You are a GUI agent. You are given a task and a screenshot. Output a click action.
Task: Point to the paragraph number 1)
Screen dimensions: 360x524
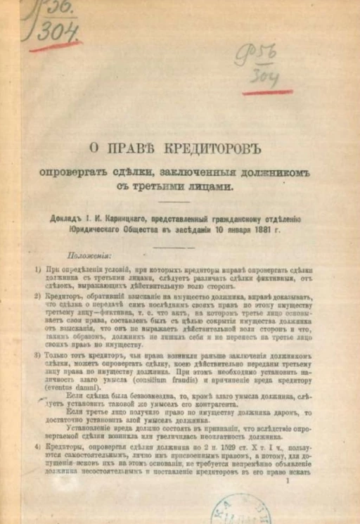(37, 269)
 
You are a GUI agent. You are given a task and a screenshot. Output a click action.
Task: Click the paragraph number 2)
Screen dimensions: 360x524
(37, 296)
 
